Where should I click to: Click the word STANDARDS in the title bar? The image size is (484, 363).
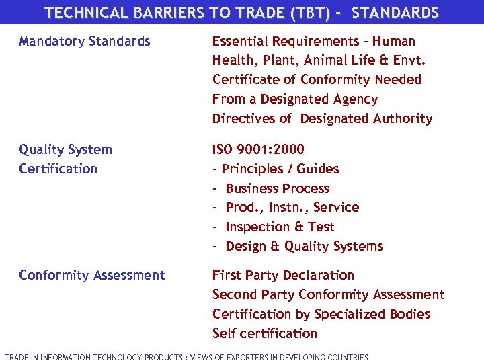coord(395,13)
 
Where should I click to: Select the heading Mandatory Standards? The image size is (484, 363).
coord(85,42)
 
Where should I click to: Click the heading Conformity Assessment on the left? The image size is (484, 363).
coord(92,275)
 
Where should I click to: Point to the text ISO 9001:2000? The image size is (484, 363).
coord(258,149)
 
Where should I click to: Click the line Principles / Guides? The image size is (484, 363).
coord(280,169)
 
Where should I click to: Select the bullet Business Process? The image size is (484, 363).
coord(277,188)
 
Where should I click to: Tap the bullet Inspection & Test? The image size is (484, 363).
coord(280,227)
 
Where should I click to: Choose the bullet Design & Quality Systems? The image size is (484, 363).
coord(304,246)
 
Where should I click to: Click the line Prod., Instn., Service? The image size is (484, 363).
coord(292,207)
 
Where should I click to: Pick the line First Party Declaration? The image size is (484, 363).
coord(283,275)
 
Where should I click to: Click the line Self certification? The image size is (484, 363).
coord(265,333)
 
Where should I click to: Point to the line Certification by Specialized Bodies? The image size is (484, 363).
coord(321,314)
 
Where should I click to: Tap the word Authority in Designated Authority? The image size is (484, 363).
coord(404,119)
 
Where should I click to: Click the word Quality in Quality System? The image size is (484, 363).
coord(42,149)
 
